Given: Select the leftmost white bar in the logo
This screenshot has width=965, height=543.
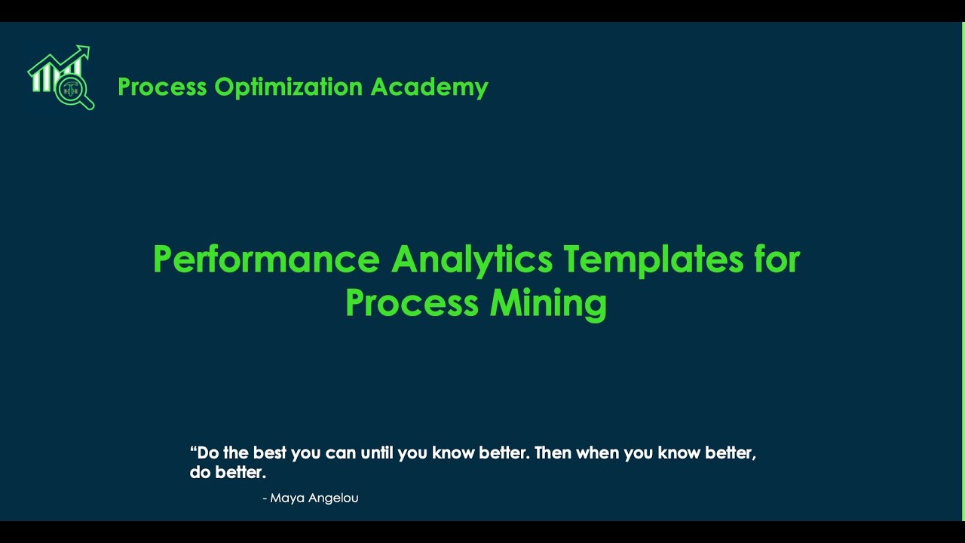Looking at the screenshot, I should coord(35,81).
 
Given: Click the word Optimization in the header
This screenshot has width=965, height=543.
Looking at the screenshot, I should coord(289,87).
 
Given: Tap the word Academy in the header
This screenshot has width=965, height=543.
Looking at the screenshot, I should coord(429,87).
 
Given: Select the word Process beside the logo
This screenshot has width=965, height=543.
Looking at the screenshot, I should coord(162,87).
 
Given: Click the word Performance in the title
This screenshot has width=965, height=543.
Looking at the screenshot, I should coord(265,259).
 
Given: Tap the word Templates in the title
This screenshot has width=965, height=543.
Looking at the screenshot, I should coord(653,259).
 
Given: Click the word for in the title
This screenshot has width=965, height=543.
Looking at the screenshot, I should coord(777,259).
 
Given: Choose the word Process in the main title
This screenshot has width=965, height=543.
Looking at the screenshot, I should coord(412,303).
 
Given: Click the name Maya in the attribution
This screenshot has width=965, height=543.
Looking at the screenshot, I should coord(286,498).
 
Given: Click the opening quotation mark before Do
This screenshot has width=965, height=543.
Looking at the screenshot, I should coord(193,450).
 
